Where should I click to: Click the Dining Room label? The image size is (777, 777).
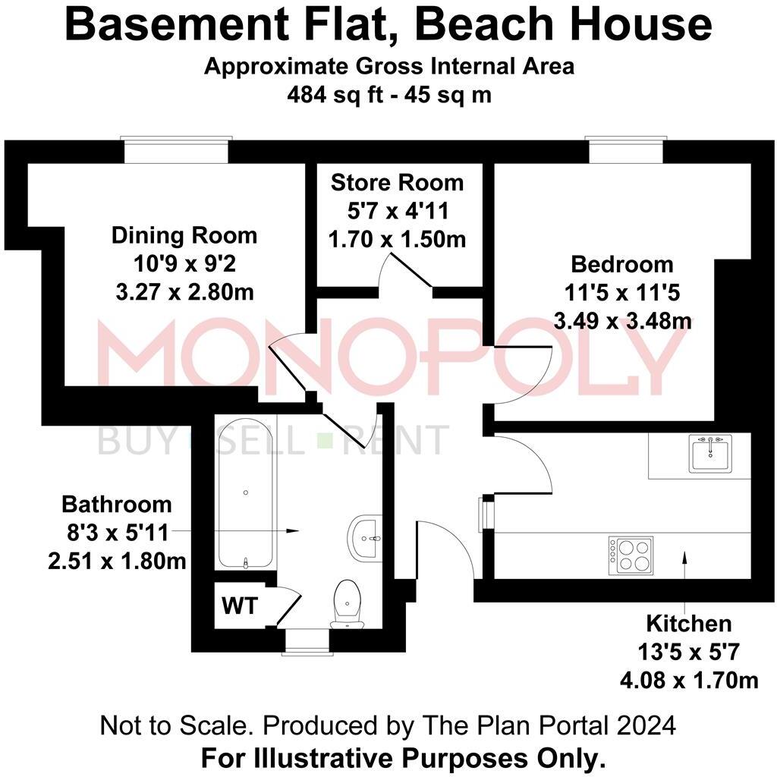184,235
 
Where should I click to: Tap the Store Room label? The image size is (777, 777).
397,183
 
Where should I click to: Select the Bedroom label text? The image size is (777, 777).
622,265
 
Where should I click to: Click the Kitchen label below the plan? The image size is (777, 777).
689,624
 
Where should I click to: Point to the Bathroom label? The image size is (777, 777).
117,505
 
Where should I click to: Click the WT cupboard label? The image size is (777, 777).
240,606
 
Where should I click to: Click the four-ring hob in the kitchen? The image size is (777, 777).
632,555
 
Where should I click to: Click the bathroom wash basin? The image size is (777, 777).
366,538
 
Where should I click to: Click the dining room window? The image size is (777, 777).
177,149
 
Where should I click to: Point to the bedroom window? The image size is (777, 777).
626,149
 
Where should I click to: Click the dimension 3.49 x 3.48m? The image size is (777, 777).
622,321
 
